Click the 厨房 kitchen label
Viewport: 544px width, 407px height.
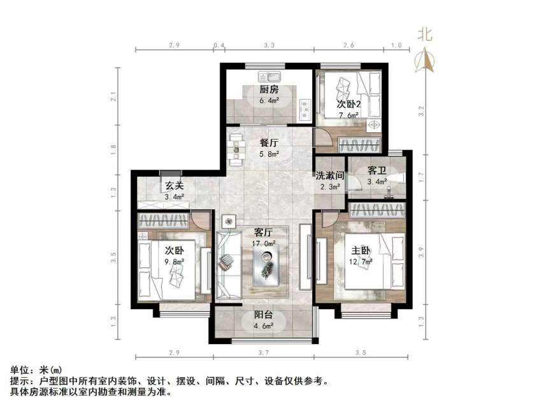tap(268, 90)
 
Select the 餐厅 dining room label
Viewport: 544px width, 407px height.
tap(268, 143)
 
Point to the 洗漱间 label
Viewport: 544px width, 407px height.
tap(329, 176)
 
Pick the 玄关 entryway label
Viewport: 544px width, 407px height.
tap(175, 186)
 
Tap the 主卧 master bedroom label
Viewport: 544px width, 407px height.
tap(357, 250)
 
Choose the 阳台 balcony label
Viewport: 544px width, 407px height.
tap(264, 315)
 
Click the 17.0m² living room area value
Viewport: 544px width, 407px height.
tap(264, 244)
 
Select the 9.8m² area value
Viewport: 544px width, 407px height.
tap(174, 261)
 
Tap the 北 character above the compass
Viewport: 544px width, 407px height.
tap(424, 34)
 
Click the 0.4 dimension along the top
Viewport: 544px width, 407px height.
tap(219, 46)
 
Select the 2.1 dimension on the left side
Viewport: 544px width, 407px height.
tap(113, 97)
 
